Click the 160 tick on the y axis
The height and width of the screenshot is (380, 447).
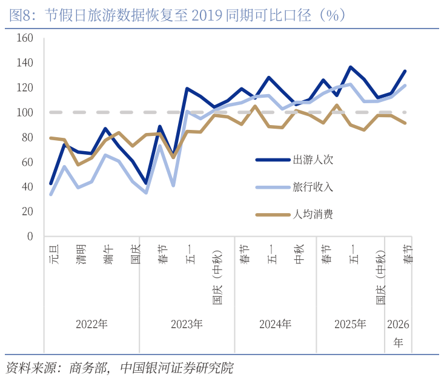25,38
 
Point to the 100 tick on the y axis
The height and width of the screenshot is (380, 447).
25,112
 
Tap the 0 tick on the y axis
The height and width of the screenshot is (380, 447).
30,236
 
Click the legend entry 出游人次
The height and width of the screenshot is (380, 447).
313,160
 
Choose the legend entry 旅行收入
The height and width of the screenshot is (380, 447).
313,187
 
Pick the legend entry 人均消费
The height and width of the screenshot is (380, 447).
313,214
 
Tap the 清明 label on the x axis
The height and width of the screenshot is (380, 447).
79,254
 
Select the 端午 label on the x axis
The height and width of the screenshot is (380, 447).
107,254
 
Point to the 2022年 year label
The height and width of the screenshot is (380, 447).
91,324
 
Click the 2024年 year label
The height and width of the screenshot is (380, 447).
275,324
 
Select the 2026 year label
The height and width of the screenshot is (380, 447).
398,324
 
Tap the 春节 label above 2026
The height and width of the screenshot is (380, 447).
409,254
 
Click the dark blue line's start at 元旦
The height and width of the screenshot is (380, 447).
51,183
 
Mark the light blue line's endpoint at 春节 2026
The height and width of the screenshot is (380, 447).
405,86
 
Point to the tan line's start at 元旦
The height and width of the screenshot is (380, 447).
51,138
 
